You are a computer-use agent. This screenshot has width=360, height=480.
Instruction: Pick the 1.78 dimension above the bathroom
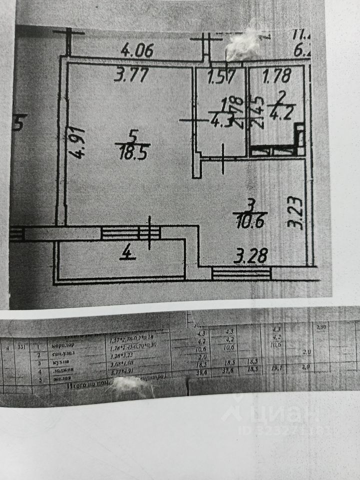(276, 77)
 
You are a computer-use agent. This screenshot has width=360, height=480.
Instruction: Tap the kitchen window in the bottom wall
(241, 273)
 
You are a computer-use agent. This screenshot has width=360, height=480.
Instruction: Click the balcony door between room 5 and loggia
(131, 233)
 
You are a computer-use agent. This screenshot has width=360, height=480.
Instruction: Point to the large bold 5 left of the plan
(19, 122)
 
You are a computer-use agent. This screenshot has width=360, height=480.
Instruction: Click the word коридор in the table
(62, 345)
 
